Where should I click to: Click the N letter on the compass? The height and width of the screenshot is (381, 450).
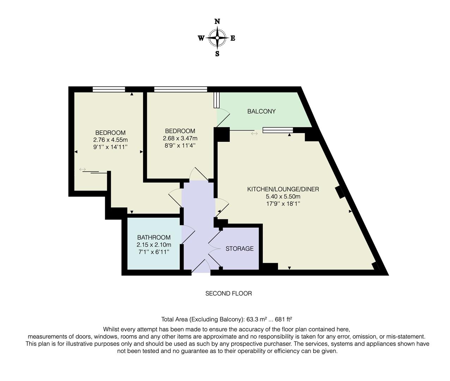(217, 22)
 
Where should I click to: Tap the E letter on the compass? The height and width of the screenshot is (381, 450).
(233, 38)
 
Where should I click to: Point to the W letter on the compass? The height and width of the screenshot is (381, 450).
(201, 38)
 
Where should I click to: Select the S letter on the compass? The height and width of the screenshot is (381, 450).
(217, 54)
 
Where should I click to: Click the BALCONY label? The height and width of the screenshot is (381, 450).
(261, 111)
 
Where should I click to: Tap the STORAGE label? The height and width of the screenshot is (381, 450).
(239, 249)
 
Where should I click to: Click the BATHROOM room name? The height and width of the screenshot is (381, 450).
(154, 237)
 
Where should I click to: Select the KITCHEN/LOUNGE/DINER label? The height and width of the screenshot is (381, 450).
(283, 189)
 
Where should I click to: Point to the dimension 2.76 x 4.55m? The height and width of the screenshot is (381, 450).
(110, 140)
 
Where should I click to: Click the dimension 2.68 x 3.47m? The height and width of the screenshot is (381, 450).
(180, 138)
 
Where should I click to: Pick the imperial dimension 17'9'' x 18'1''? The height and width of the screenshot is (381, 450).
(283, 204)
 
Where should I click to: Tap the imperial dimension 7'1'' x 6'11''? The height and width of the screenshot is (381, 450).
(154, 252)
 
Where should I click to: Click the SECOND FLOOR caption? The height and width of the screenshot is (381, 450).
(229, 294)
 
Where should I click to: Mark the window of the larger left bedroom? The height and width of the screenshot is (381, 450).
(109, 90)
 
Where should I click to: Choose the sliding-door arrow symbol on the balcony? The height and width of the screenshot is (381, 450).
(254, 134)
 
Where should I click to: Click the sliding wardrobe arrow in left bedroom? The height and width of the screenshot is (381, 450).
(83, 170)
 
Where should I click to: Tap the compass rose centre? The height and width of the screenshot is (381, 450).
(217, 38)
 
